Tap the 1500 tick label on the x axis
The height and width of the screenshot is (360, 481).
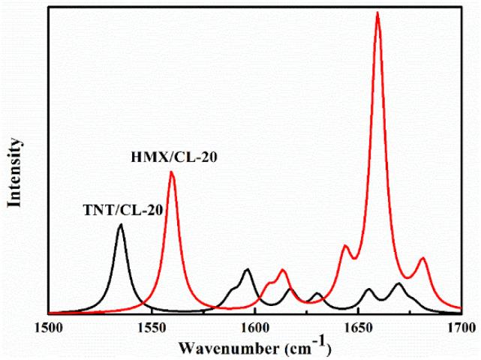[x=49, y=328]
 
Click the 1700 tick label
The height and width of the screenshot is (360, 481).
[x=458, y=328]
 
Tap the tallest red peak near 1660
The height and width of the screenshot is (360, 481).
[x=377, y=13]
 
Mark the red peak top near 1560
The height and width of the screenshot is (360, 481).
[x=172, y=172]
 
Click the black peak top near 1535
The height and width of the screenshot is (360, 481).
[x=120, y=225]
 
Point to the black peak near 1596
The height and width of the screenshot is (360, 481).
[x=247, y=269]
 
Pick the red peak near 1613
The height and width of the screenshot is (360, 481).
[x=282, y=270]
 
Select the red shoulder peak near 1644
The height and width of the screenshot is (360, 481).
[x=346, y=246]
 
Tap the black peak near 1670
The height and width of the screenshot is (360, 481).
[x=399, y=283]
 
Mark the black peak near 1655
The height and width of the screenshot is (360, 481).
[x=368, y=289]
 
